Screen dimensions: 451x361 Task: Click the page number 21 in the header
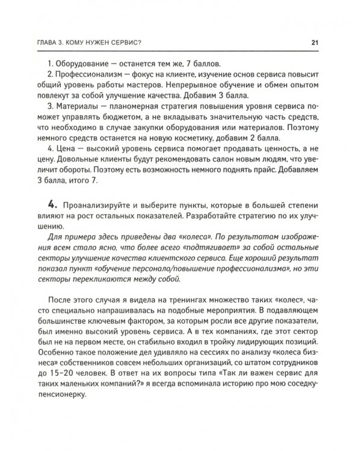pyautogui.click(x=313, y=42)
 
